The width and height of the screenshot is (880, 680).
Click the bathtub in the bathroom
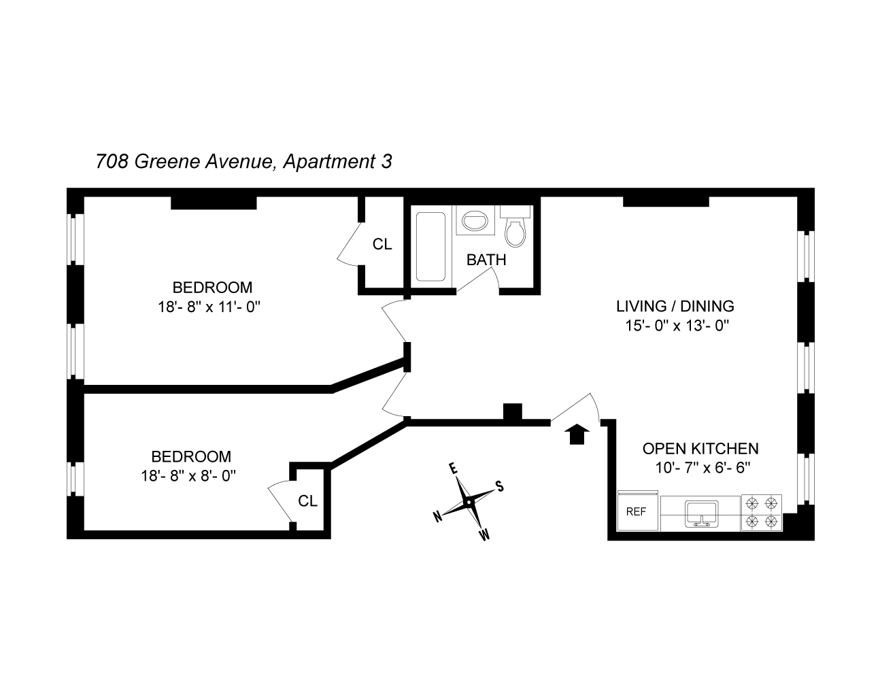(430, 246)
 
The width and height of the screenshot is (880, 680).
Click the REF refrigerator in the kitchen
(636, 511)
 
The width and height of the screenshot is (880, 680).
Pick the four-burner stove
(761, 512)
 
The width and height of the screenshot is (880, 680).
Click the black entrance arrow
(577, 433)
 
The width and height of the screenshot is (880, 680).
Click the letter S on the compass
(499, 486)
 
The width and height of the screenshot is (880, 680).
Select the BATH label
(486, 260)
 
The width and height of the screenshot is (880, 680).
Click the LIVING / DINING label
(675, 306)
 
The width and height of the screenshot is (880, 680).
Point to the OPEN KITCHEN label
(700, 449)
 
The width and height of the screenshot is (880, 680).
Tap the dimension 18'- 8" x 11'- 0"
(209, 307)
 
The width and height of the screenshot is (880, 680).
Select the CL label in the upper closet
(382, 245)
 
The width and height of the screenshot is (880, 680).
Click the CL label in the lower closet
(307, 501)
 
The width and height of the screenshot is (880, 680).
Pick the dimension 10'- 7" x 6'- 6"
(700, 467)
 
